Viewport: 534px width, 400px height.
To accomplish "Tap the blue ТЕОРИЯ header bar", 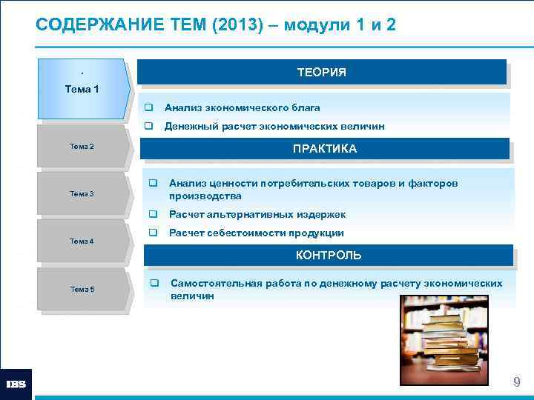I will tap(322, 72).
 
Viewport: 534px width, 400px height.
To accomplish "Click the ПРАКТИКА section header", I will tap(325, 149).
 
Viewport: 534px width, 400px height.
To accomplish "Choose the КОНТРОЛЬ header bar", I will tap(329, 256).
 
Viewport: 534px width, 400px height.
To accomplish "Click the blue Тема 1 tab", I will tap(82, 90).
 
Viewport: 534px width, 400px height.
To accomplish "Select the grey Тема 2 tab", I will tap(82, 147).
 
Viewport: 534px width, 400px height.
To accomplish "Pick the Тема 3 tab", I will tap(82, 193).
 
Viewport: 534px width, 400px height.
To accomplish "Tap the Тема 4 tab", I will tap(82, 241).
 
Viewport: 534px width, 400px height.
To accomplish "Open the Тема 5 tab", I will tap(82, 289).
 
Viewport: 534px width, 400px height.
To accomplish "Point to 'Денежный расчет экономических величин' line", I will tap(274, 127).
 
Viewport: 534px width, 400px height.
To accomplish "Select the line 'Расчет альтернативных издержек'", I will tap(257, 214).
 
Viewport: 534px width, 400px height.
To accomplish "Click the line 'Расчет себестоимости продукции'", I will tap(256, 233).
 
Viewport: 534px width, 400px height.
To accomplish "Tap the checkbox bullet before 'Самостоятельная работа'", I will tap(155, 284).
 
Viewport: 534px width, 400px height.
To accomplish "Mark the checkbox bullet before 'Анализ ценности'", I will tap(153, 183).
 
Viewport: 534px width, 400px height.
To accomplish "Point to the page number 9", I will tap(516, 382).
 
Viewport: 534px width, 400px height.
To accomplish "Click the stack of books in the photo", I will tap(448, 340).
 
